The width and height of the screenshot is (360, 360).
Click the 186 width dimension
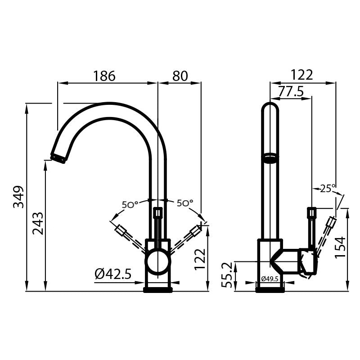tap(104, 76)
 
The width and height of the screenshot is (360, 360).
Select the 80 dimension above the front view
tap(180, 76)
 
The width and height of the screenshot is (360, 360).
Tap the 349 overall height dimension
tap(18, 197)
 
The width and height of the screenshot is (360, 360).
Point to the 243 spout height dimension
tap(38, 223)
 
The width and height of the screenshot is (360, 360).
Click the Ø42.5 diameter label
tap(113, 274)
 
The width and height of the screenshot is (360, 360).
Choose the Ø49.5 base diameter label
tap(270, 279)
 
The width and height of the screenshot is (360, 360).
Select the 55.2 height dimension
tap(227, 275)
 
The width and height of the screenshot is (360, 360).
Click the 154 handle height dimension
tap(340, 247)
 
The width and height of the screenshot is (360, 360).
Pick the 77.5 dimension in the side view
tap(291, 91)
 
